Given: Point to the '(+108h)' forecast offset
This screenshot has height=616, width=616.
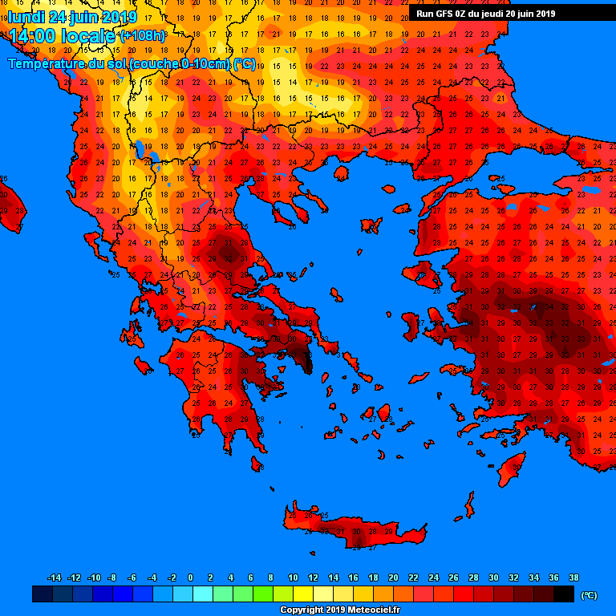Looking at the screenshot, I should click(x=144, y=37).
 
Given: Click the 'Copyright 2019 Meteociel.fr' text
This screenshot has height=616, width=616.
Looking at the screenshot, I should click(x=339, y=610).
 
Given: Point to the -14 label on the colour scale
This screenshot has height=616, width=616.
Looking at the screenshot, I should click(x=54, y=577).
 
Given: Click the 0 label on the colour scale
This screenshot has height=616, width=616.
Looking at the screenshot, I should click(x=190, y=577).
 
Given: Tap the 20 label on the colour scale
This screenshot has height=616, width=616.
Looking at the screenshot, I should click(x=393, y=577).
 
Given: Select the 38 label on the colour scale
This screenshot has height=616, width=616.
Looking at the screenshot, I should click(x=573, y=577).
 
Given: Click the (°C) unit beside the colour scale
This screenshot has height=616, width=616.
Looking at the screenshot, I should click(x=590, y=595).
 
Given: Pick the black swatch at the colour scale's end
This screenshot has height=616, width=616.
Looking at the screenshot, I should click(x=564, y=594).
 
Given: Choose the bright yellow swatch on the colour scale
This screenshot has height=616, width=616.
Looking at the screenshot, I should click(x=303, y=594).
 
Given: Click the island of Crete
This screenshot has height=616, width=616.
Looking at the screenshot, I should click(x=353, y=530).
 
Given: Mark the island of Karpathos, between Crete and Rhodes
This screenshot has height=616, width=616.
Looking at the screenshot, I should click(x=468, y=506).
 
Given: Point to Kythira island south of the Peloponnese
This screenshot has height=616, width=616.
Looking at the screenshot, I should click(x=257, y=464).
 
